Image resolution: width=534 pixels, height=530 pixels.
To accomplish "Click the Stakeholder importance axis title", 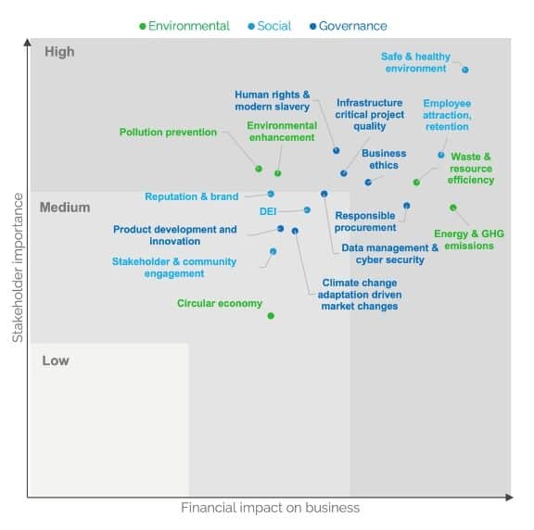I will pos(16,269).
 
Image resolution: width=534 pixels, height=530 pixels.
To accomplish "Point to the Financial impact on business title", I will pos(270,508).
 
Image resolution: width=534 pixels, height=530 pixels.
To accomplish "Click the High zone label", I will pos(59,52).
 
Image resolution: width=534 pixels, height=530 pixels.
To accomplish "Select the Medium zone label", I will pos(65,208).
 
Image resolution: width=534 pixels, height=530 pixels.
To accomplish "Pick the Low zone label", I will pos(56,360).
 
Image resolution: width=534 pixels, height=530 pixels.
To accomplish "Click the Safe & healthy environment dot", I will pos(465,69).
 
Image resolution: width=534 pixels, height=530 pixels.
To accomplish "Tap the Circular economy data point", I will pos(271,316).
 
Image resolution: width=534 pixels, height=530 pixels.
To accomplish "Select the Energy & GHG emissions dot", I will pos(453,208).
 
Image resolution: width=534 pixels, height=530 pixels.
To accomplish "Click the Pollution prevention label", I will pos(168,132).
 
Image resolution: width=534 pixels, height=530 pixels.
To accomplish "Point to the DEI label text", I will pos(268,211).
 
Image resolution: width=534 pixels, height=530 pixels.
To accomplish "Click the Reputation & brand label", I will pos(192,196).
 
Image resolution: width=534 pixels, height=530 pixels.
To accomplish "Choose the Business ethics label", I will pos(384,159).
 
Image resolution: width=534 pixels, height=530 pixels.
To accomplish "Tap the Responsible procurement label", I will pos(364,221).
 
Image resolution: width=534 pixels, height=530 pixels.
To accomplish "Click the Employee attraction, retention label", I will pos(447,115).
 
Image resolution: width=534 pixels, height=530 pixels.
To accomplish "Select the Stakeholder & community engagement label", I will pos(174,268).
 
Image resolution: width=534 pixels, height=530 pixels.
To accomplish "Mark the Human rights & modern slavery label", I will pos(272,100).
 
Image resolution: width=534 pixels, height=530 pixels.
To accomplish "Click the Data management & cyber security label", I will pos(389,254).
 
